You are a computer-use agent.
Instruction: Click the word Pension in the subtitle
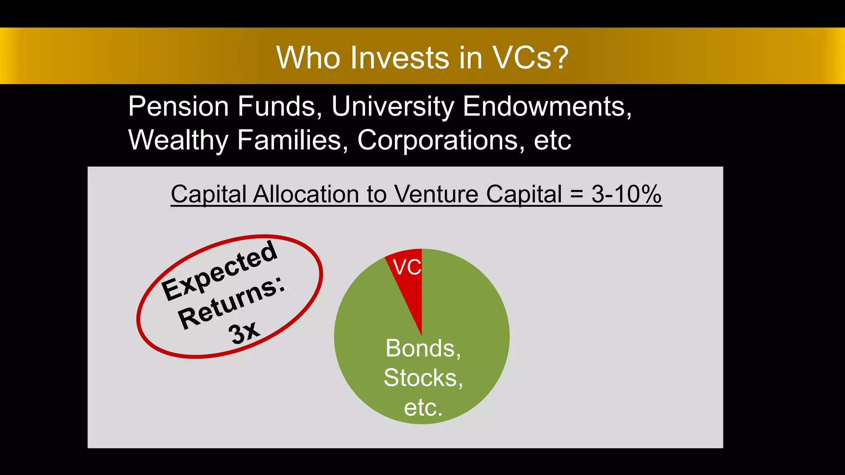pos(178,106)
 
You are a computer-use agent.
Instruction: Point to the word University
pos(392,106)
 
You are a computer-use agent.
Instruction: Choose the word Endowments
pos(547,106)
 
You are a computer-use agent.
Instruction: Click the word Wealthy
pos(178,140)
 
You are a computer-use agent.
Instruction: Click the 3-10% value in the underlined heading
pos(626,194)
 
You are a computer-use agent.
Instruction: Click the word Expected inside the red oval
pos(219,270)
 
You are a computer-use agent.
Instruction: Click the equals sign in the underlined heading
pos(576,194)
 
